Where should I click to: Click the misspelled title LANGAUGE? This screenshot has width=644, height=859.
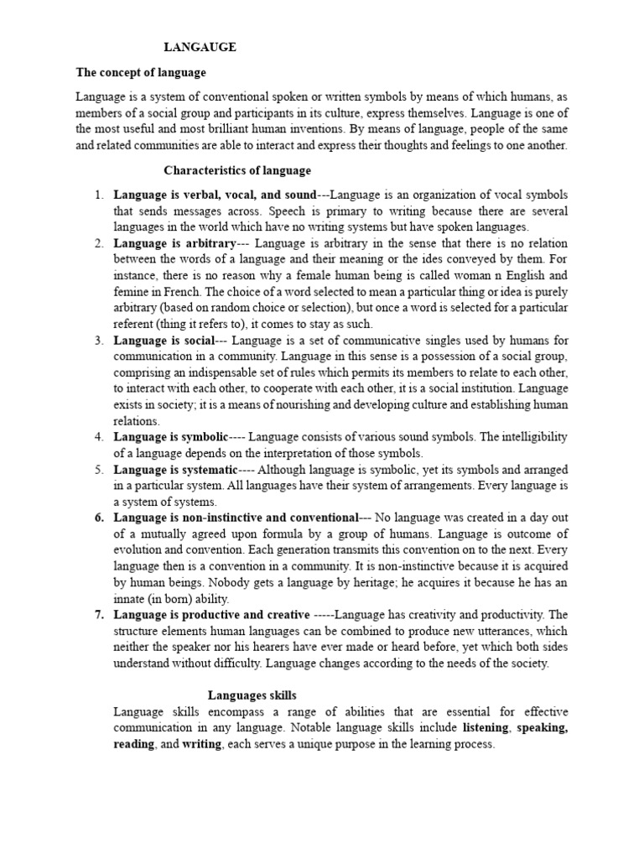pyautogui.click(x=200, y=48)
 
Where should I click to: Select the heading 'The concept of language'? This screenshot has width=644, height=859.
pyautogui.click(x=141, y=73)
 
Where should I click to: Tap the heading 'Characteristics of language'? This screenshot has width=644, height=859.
pyautogui.click(x=236, y=170)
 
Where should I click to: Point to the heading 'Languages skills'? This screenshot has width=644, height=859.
pyautogui.click(x=252, y=695)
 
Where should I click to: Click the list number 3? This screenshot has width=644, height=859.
pyautogui.click(x=98, y=340)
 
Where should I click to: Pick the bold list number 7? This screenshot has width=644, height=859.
pyautogui.click(x=98, y=615)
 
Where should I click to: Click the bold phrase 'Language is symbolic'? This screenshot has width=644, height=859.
pyautogui.click(x=171, y=437)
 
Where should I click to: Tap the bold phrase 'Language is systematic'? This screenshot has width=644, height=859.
pyautogui.click(x=175, y=470)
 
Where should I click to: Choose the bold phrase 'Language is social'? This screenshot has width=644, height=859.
pyautogui.click(x=164, y=340)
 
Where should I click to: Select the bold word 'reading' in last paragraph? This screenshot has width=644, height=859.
pyautogui.click(x=133, y=743)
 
